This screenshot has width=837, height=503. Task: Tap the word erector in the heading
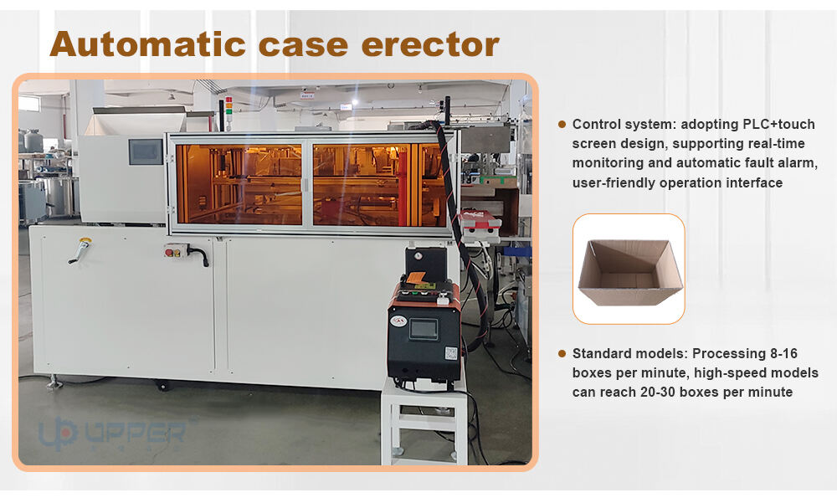tap(430, 45)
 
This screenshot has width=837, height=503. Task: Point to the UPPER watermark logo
tap(112, 433)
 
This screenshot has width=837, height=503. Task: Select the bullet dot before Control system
tap(562, 124)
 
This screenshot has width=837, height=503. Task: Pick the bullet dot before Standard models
tap(562, 353)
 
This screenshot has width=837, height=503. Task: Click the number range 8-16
tap(783, 353)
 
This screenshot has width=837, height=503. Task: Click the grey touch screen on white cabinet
tap(146, 151)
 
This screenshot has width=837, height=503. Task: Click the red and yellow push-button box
tap(175, 250)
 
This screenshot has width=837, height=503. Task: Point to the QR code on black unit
tap(451, 353)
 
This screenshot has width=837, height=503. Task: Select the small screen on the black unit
tap(424, 329)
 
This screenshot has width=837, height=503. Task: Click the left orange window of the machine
tap(239, 184)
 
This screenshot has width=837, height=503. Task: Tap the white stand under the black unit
tap(424, 422)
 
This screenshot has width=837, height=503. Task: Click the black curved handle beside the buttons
tap(199, 254)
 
